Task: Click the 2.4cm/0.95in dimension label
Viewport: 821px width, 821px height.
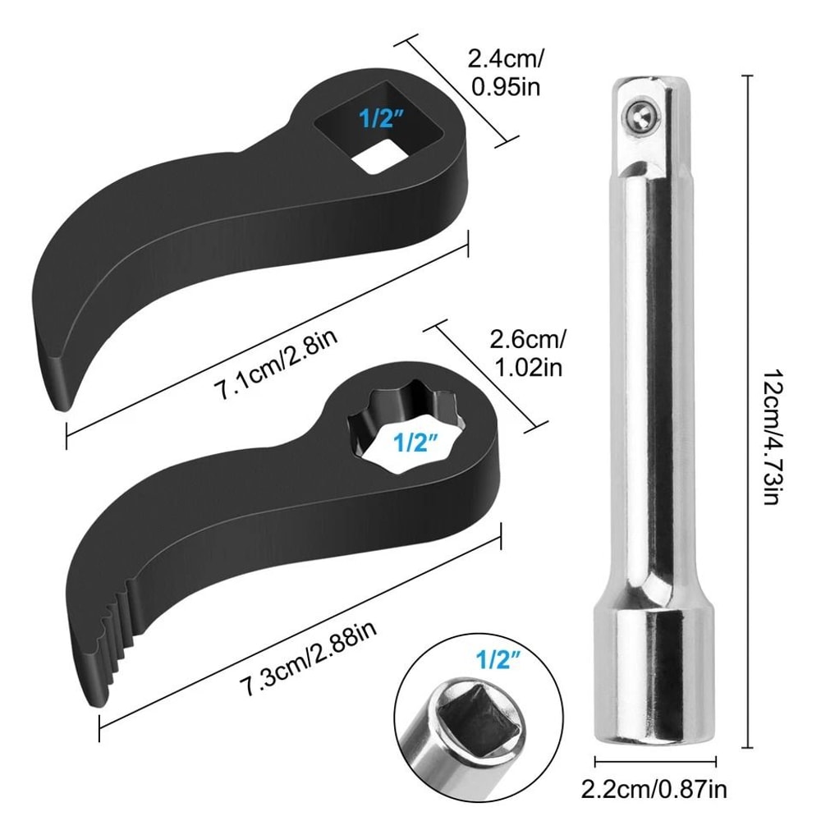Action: tap(504, 72)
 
